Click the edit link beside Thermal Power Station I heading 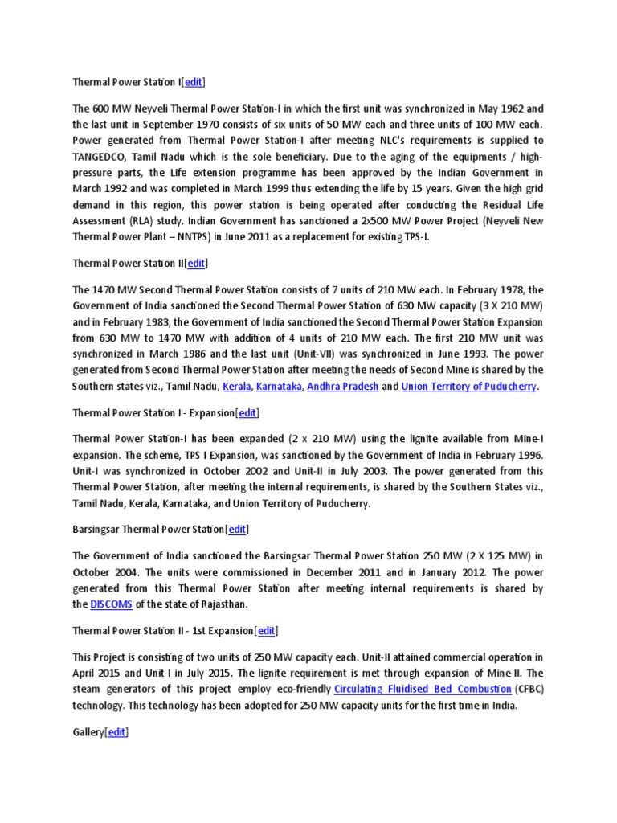[x=194, y=82]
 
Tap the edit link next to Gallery [x=117, y=732]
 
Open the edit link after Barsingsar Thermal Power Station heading [x=237, y=529]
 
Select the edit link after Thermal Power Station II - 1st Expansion [x=267, y=630]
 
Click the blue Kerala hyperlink [x=235, y=387]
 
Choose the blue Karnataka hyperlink [x=279, y=387]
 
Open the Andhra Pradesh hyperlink [x=344, y=387]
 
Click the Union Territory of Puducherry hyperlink [x=469, y=387]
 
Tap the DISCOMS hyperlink [x=111, y=604]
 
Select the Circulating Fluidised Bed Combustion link [x=422, y=690]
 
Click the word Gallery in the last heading [x=88, y=732]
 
